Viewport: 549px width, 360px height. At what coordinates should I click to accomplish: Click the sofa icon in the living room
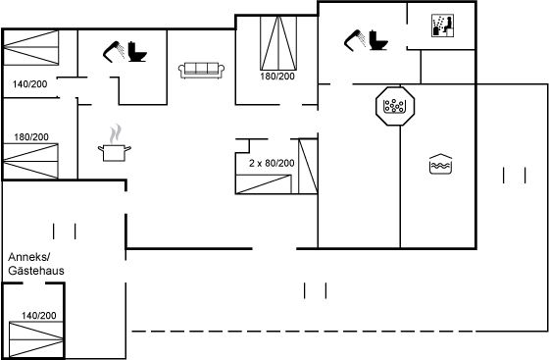(201, 71)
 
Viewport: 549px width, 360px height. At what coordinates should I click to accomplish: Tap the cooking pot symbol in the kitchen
(115, 153)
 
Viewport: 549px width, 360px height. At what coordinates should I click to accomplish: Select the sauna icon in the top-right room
(442, 26)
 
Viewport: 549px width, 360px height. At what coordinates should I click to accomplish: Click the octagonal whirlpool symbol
(395, 106)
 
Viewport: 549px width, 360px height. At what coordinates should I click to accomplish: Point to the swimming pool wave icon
(440, 164)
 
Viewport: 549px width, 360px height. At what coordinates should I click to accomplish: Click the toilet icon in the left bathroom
(137, 52)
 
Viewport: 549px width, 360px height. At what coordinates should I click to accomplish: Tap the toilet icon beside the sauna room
(378, 40)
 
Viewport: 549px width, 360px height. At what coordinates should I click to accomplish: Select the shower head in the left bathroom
(114, 52)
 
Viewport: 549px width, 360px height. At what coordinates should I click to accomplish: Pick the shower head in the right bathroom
(355, 40)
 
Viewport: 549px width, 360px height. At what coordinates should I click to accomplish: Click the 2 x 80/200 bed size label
(272, 163)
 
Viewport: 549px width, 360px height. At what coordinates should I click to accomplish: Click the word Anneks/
(29, 257)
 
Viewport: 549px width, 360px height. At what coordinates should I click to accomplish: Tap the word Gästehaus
(36, 271)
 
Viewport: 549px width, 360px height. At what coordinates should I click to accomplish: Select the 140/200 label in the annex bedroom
(39, 316)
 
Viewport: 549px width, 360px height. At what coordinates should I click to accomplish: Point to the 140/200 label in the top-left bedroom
(29, 84)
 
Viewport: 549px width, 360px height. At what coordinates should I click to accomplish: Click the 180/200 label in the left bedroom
(31, 137)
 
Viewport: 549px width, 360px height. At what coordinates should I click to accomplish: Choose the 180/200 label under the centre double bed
(277, 76)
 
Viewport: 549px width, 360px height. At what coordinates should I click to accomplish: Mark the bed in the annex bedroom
(36, 339)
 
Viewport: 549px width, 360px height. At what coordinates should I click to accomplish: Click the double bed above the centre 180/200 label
(278, 43)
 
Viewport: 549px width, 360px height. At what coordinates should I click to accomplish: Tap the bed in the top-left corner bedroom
(30, 47)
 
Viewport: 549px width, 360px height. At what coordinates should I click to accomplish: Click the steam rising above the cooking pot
(116, 134)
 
